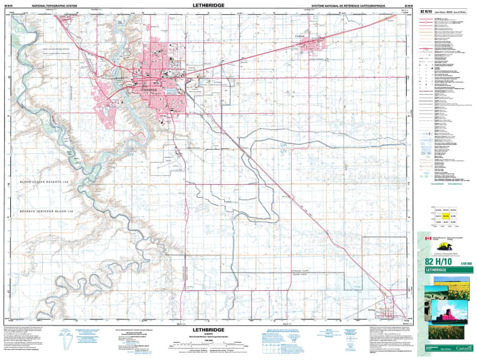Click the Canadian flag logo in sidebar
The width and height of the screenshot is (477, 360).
pyautogui.click(x=427, y=238)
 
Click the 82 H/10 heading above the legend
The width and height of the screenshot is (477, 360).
pyautogui.click(x=429, y=11)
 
